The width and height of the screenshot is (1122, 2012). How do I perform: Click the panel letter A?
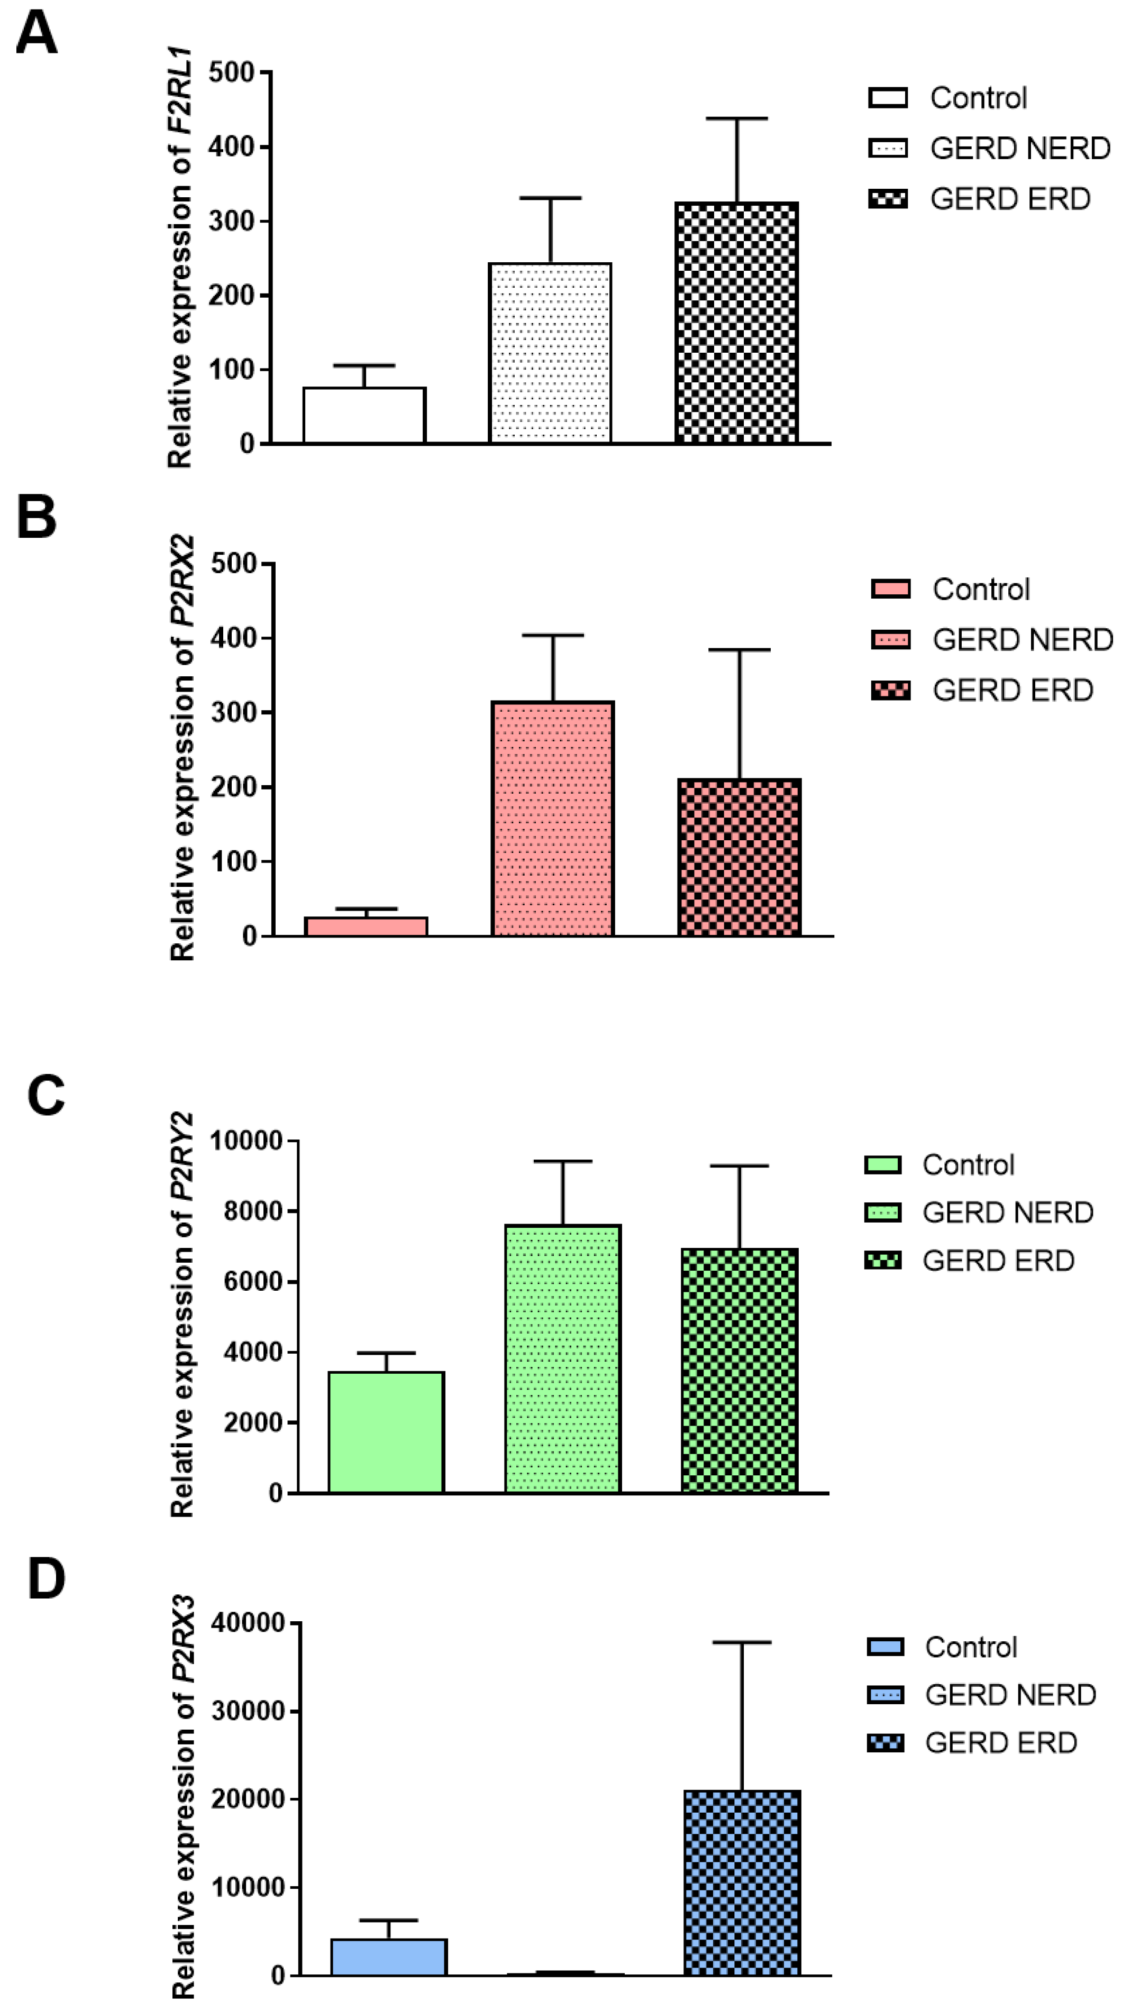pos(36,34)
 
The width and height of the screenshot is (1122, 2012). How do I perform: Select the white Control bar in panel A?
pos(364,416)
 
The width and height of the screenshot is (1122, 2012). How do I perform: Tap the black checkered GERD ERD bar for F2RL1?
pos(736,324)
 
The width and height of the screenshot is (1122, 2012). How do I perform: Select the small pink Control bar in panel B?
pos(366,926)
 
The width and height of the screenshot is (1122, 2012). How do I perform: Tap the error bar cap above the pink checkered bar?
pos(739,650)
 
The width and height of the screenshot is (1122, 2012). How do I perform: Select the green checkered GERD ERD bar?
pos(739,1371)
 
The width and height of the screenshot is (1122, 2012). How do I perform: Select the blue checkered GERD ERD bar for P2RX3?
pos(742,1882)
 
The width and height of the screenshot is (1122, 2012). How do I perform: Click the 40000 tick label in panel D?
pos(247,1623)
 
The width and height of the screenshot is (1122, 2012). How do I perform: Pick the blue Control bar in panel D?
pos(388,1958)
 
